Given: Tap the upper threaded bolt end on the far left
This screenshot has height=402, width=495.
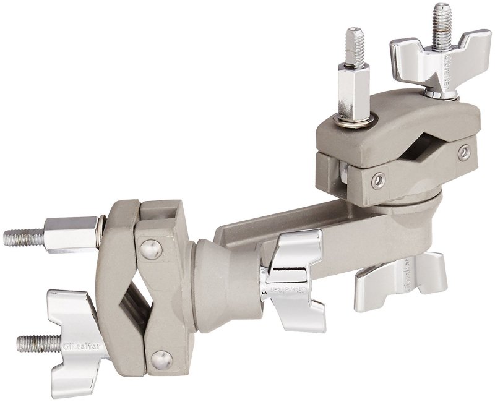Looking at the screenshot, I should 22,237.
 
